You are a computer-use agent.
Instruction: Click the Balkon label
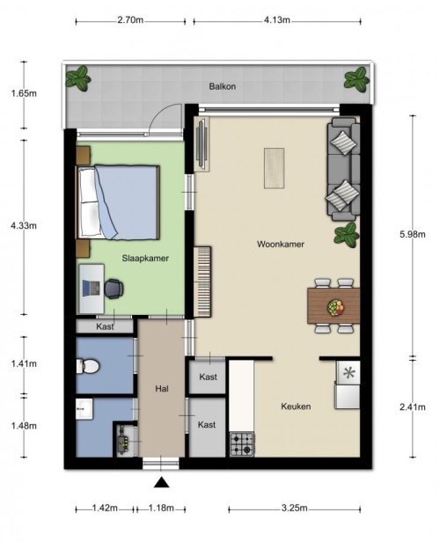pos(223,86)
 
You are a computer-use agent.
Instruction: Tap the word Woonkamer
pos(281,245)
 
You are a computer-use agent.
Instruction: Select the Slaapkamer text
pos(145,258)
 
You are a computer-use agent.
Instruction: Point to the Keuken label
pos(296,406)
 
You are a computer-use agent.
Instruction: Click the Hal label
pos(162,389)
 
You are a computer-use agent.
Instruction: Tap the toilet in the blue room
pos(88,366)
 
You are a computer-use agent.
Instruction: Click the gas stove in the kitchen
pos(242,444)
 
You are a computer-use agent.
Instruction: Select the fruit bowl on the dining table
pos(335,307)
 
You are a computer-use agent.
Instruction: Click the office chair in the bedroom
pos(114,289)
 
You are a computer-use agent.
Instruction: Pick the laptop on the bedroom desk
pos(92,289)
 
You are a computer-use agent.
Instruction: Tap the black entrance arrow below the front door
pos(161,482)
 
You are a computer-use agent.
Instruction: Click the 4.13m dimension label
pos(277,20)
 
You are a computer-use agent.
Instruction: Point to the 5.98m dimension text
pos(413,234)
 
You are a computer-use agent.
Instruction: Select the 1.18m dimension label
pos(161,509)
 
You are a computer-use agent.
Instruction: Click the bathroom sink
pos(84,409)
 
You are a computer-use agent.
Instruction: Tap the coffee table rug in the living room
pos(274,168)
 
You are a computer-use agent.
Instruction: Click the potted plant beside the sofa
pos(346,235)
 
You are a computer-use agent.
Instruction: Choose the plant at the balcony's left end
pos(77,78)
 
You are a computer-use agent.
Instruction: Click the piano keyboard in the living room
pos(202,282)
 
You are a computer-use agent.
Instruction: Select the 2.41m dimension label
pos(413,407)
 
